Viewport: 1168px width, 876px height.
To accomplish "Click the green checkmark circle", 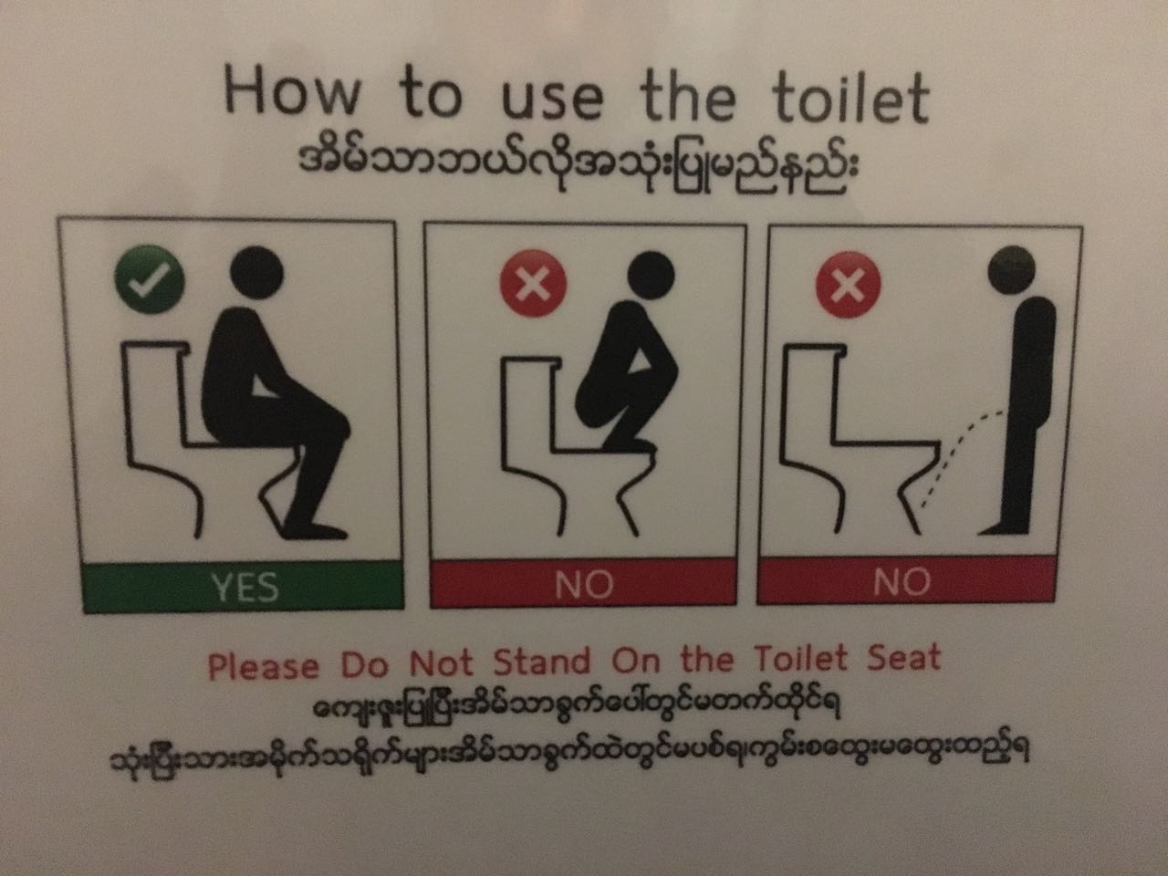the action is coord(150,279).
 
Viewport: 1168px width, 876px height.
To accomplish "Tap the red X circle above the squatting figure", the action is coord(533,284).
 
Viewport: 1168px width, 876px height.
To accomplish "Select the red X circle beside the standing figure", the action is coord(848,285).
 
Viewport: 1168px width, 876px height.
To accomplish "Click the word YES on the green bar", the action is coord(245,587).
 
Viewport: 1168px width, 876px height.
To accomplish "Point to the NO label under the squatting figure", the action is coord(584,585).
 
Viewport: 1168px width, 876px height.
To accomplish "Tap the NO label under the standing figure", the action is coord(902,581).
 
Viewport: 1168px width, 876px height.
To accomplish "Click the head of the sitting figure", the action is coord(256,273).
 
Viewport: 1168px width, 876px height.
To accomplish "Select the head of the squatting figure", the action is coord(651,276).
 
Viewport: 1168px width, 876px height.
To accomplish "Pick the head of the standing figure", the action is coord(1011,270).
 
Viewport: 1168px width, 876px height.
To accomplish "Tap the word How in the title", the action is coord(292,90).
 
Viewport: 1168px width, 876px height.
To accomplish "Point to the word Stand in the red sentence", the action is coord(542,662).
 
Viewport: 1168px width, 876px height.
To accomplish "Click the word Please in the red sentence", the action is coord(264,666).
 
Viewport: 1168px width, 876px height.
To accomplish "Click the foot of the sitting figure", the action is coord(314,530).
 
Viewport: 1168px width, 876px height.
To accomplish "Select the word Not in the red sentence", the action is coord(441,662).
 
